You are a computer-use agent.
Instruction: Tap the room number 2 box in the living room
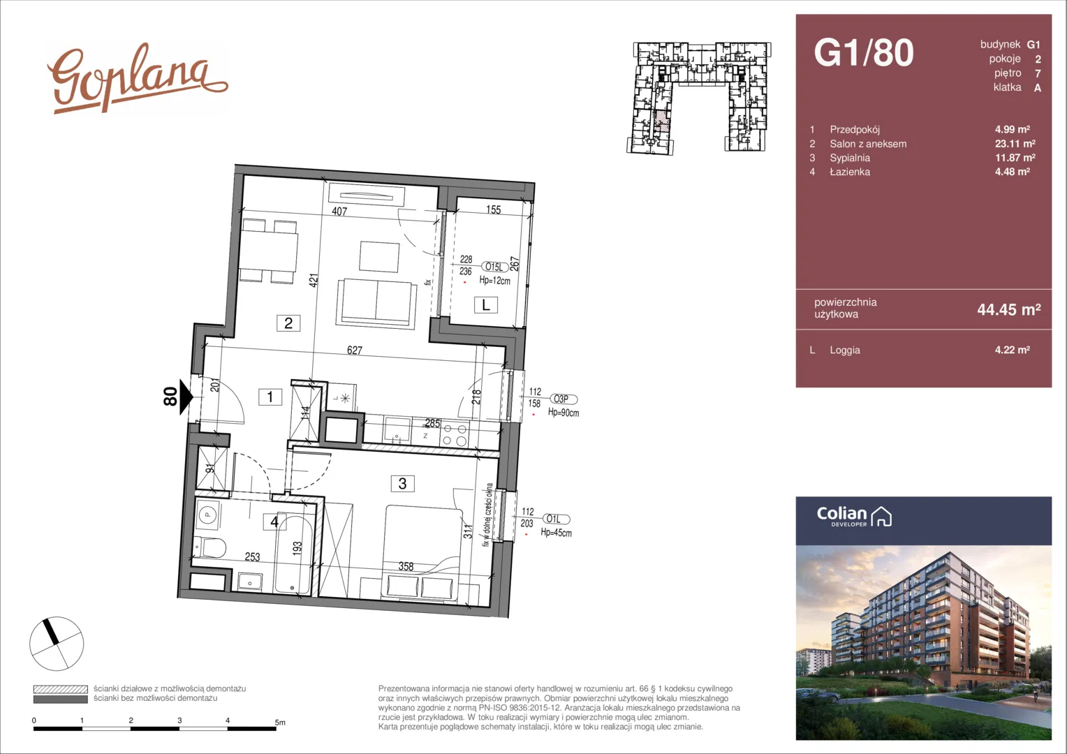point(288,323)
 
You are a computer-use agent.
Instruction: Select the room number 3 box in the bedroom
point(402,483)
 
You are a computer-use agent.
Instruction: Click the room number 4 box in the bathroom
point(274,522)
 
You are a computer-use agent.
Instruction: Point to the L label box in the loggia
point(486,305)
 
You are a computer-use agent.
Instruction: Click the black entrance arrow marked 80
point(186,397)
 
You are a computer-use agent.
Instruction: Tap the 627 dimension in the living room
point(355,350)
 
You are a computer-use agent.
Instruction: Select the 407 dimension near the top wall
point(339,212)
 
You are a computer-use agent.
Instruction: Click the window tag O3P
point(564,399)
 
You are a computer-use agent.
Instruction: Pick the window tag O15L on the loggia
point(494,267)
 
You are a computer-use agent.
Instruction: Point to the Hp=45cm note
point(556,533)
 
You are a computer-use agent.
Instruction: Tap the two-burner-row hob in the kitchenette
point(455,435)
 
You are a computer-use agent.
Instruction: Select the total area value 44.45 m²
point(1009,309)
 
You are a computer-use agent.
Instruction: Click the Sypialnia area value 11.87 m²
point(1015,158)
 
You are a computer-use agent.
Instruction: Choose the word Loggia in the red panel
point(845,350)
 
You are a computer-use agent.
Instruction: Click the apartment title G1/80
point(864,52)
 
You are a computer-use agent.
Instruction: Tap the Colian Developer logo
point(854,517)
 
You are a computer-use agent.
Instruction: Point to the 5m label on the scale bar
point(280,723)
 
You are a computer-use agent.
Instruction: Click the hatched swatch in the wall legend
point(61,689)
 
